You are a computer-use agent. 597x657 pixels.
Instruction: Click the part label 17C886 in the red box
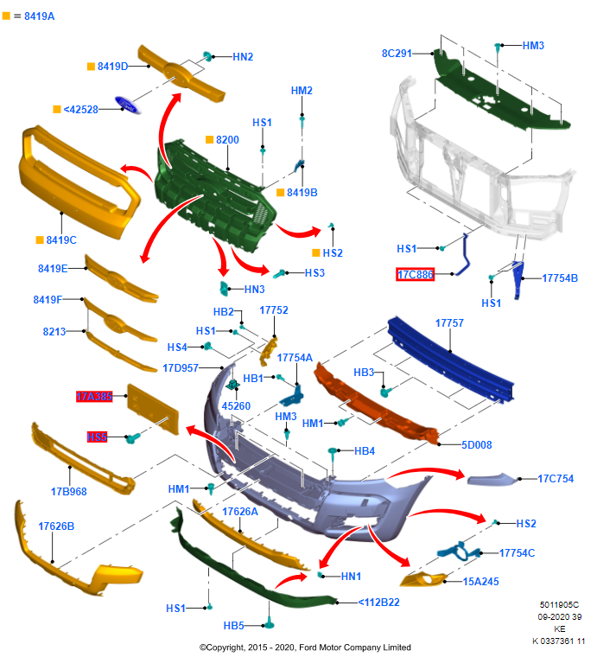pyautogui.click(x=415, y=275)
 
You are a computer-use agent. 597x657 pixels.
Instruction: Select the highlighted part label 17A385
pyautogui.click(x=94, y=398)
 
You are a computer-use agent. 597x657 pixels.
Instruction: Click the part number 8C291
pyautogui.click(x=397, y=53)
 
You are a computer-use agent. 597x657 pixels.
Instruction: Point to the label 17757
pyautogui.click(x=449, y=322)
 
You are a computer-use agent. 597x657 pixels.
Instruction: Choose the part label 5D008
pyautogui.click(x=476, y=445)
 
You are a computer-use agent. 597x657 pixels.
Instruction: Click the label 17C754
pyautogui.click(x=556, y=478)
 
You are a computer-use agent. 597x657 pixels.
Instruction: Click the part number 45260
pyautogui.click(x=236, y=405)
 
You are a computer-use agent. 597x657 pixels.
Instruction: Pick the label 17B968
pyautogui.click(x=68, y=492)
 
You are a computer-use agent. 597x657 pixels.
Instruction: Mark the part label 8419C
pyautogui.click(x=61, y=239)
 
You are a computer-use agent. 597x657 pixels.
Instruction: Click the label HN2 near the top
pyautogui.click(x=243, y=56)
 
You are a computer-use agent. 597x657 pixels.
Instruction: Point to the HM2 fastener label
pyautogui.click(x=302, y=91)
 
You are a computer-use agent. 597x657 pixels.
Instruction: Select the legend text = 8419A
pyautogui.click(x=34, y=16)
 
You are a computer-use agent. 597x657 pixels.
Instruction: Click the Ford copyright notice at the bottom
pyautogui.click(x=305, y=647)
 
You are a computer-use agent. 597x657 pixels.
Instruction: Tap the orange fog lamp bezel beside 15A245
pyautogui.click(x=423, y=579)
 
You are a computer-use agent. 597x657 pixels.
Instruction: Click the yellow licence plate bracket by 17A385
pyautogui.click(x=153, y=405)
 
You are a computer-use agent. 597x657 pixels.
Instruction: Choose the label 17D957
pyautogui.click(x=181, y=367)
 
